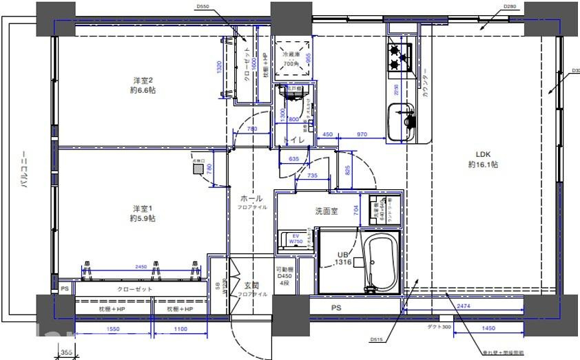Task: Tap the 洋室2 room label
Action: point(143,85)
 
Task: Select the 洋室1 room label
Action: point(143,213)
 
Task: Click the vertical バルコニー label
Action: point(25,169)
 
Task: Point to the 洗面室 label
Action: point(327,211)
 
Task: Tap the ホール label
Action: point(251,198)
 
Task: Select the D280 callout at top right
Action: point(510,7)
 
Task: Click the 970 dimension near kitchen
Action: point(361,135)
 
